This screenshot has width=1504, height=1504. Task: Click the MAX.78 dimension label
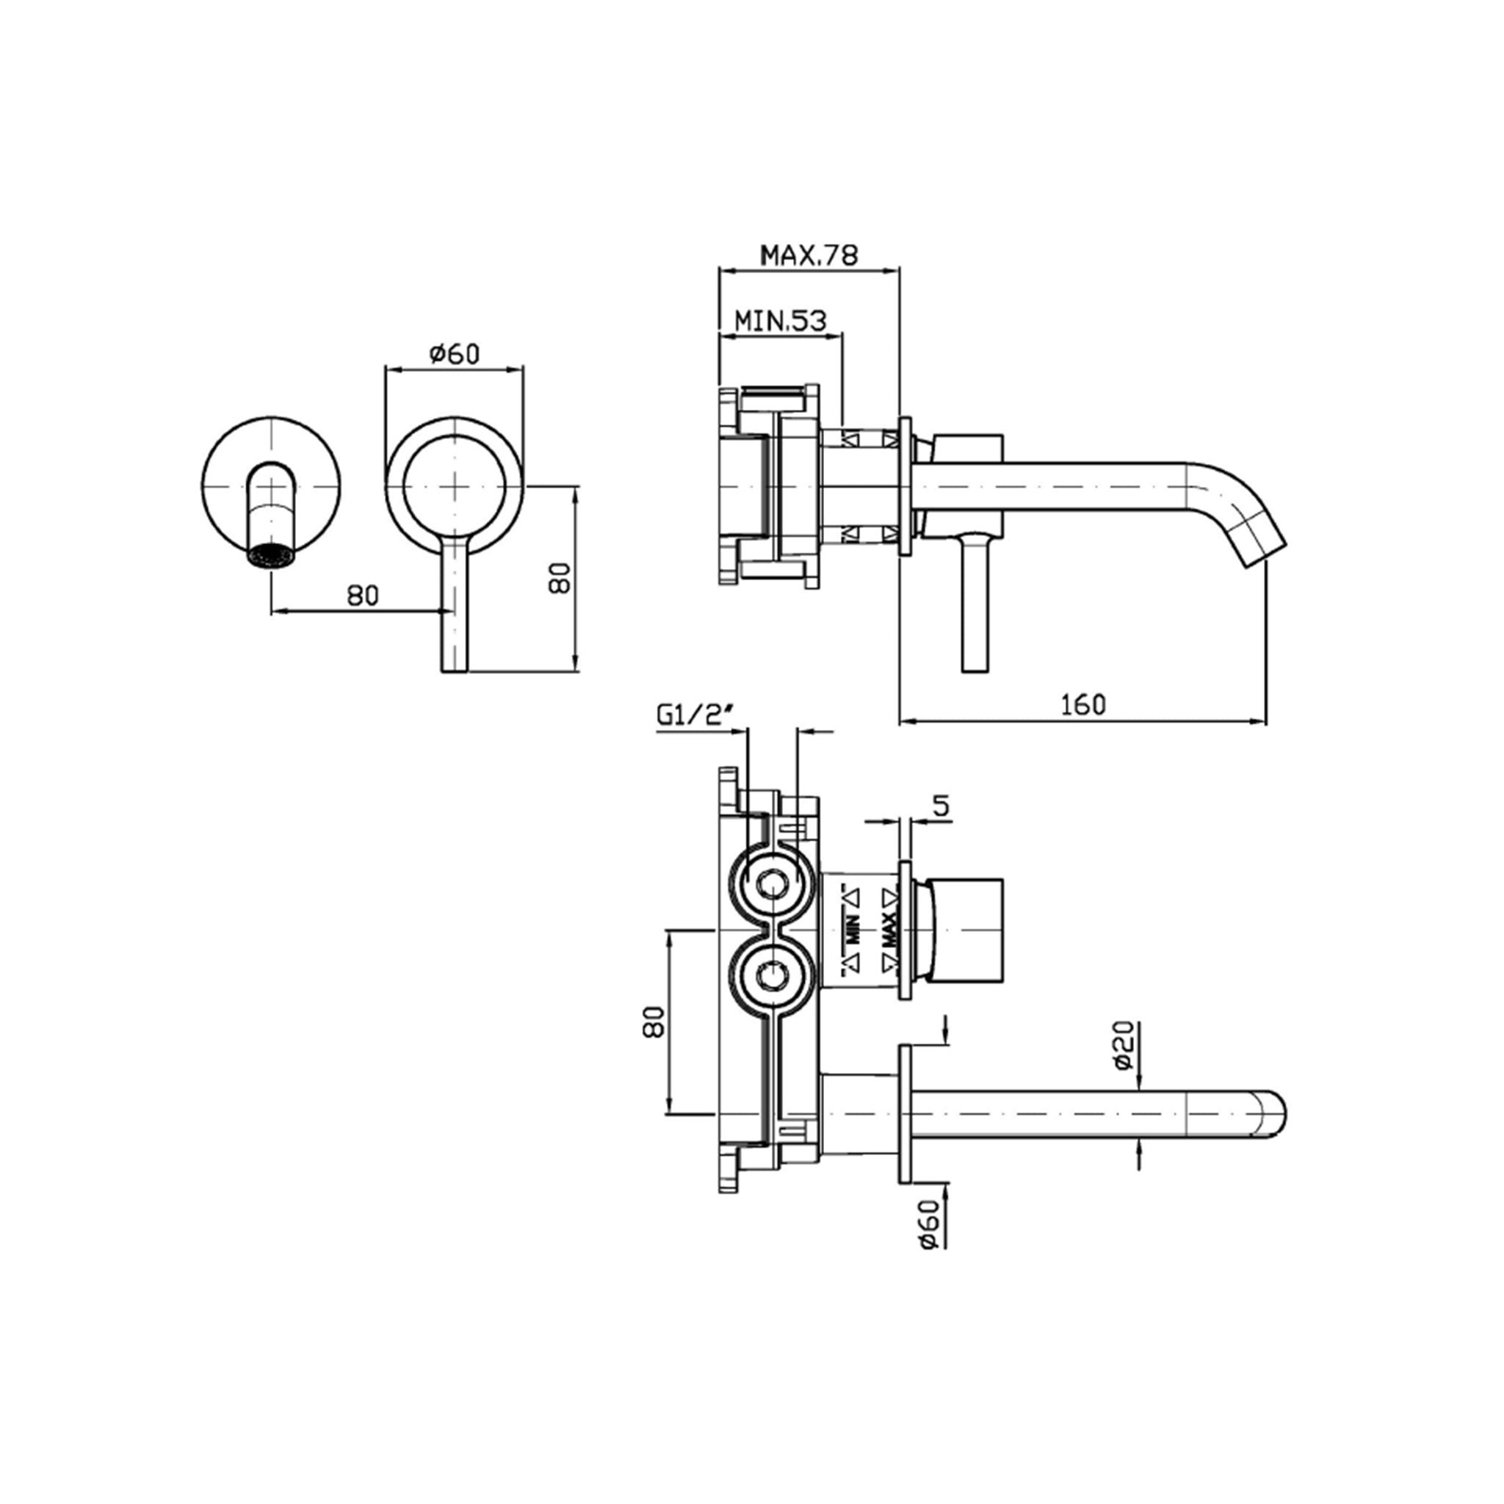pyautogui.click(x=809, y=255)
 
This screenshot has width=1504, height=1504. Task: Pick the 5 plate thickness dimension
pyautogui.click(x=942, y=806)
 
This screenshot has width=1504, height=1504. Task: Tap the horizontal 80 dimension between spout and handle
pyautogui.click(x=363, y=595)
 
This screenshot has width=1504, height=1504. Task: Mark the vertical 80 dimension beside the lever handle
pyautogui.click(x=560, y=578)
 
